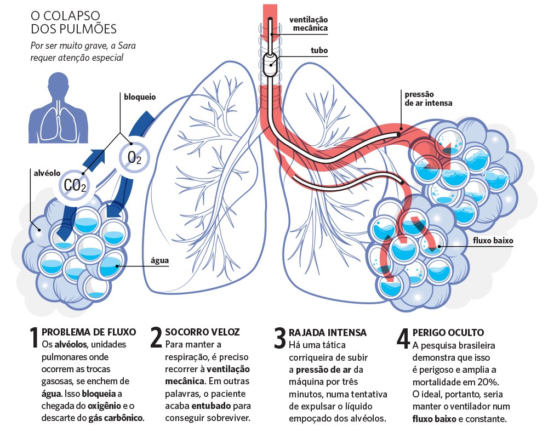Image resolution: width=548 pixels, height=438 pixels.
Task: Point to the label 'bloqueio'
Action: (139, 96)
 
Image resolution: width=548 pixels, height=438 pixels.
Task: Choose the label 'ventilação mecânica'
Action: (308, 24)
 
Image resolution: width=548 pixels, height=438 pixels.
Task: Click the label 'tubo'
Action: (318, 50)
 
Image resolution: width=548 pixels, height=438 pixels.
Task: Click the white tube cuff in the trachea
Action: (269, 65)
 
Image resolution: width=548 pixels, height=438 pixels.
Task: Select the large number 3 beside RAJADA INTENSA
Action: (280, 338)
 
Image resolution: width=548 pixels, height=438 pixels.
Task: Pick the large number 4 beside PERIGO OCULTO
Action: (403, 338)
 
